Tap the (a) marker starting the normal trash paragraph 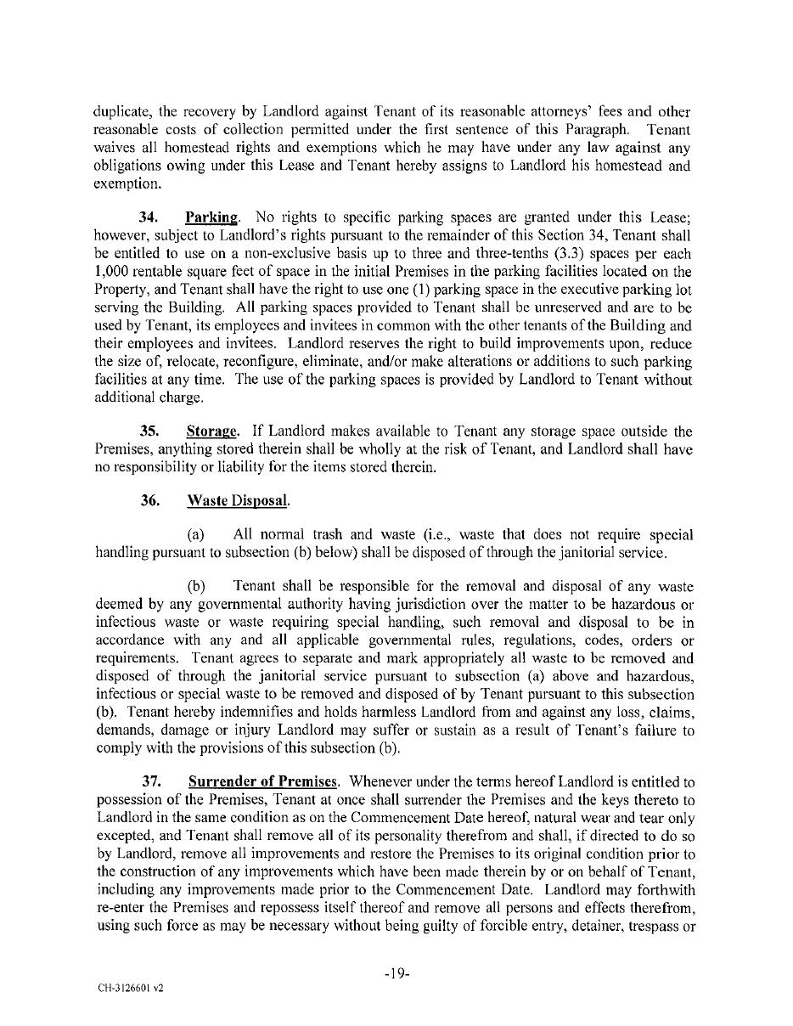pyautogui.click(x=197, y=535)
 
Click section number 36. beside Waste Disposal pyautogui.click(x=152, y=501)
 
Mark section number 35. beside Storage pyautogui.click(x=152, y=432)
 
